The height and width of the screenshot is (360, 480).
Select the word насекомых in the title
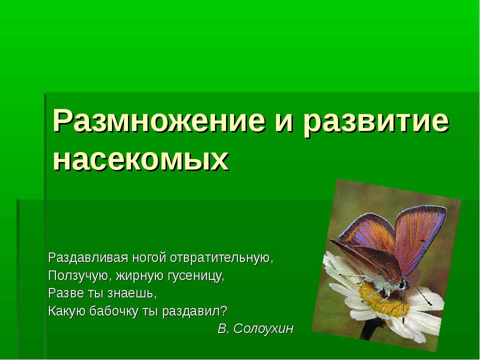[141, 159]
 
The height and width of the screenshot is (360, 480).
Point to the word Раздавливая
[87, 258]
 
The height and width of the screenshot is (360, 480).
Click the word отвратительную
[222, 258]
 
